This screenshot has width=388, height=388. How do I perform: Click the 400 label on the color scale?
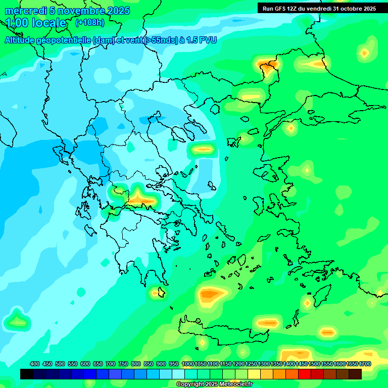pyautogui.click(x=35, y=364)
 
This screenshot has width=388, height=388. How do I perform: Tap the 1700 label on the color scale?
pyautogui.click(x=365, y=364)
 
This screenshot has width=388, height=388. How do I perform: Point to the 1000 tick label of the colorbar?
pyautogui.click(x=187, y=364)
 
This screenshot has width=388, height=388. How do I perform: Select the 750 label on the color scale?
pyautogui.click(x=123, y=364)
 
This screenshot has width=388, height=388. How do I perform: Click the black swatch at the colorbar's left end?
pyautogui.click(x=27, y=374)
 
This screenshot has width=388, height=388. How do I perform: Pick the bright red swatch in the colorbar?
pyautogui.click(x=305, y=374)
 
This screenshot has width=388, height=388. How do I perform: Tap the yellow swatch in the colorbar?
pyautogui.click(x=254, y=374)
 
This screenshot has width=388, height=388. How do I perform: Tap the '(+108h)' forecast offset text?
pyautogui.click(x=89, y=23)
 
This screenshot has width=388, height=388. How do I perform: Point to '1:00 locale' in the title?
pyautogui.click(x=36, y=23)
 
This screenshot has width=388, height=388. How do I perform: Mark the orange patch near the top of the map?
pyautogui.click(x=266, y=65)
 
